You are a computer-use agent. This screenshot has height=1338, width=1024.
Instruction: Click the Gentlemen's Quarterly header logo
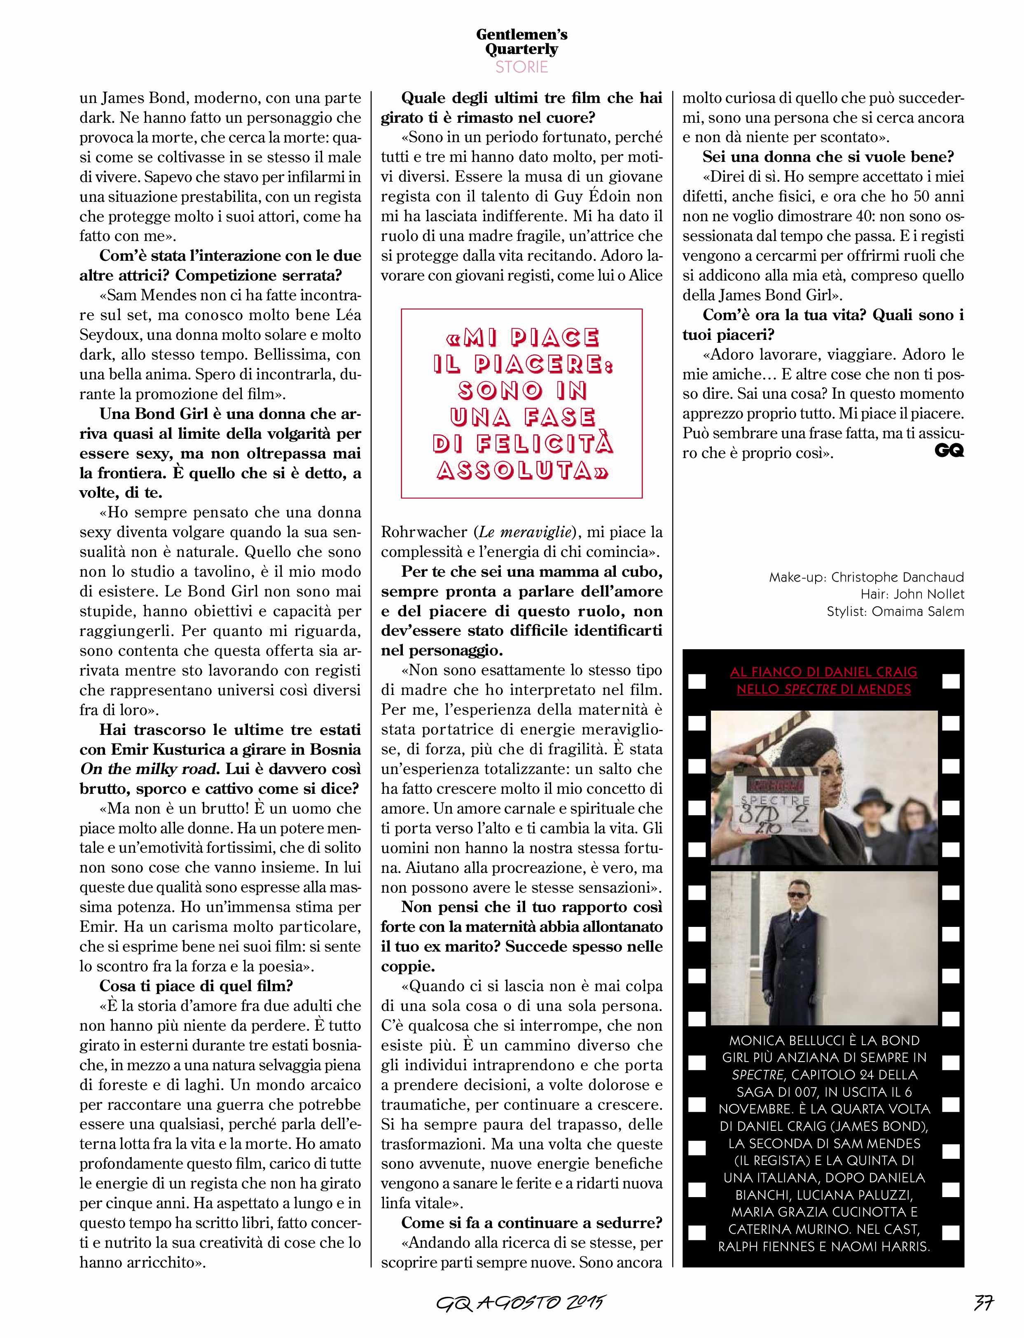[x=522, y=42]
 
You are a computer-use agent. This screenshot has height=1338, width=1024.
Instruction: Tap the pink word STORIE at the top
[x=522, y=67]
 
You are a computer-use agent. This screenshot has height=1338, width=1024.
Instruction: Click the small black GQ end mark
[x=949, y=451]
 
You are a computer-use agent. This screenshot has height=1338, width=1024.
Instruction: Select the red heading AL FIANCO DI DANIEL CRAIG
[x=823, y=672]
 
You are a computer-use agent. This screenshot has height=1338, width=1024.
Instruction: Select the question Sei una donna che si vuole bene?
[x=828, y=157]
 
